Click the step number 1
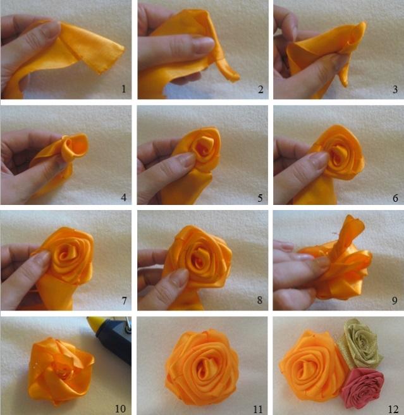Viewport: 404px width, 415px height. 123,89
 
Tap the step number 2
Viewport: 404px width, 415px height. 260,89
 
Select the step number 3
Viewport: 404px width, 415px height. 395,89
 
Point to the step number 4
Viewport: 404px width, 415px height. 123,197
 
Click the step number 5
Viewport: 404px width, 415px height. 260,198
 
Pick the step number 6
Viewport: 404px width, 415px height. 395,198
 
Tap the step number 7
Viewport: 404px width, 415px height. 124,300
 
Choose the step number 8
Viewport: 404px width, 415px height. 260,300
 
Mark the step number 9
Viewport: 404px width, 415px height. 395,300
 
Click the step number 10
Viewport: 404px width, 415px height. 120,409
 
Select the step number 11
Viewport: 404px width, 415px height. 257,409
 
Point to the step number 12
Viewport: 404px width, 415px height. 393,409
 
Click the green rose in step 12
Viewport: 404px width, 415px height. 361,343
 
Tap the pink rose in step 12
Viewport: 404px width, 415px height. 362,388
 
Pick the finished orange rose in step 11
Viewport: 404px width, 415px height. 202,368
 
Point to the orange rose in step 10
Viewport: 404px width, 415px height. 60,371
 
